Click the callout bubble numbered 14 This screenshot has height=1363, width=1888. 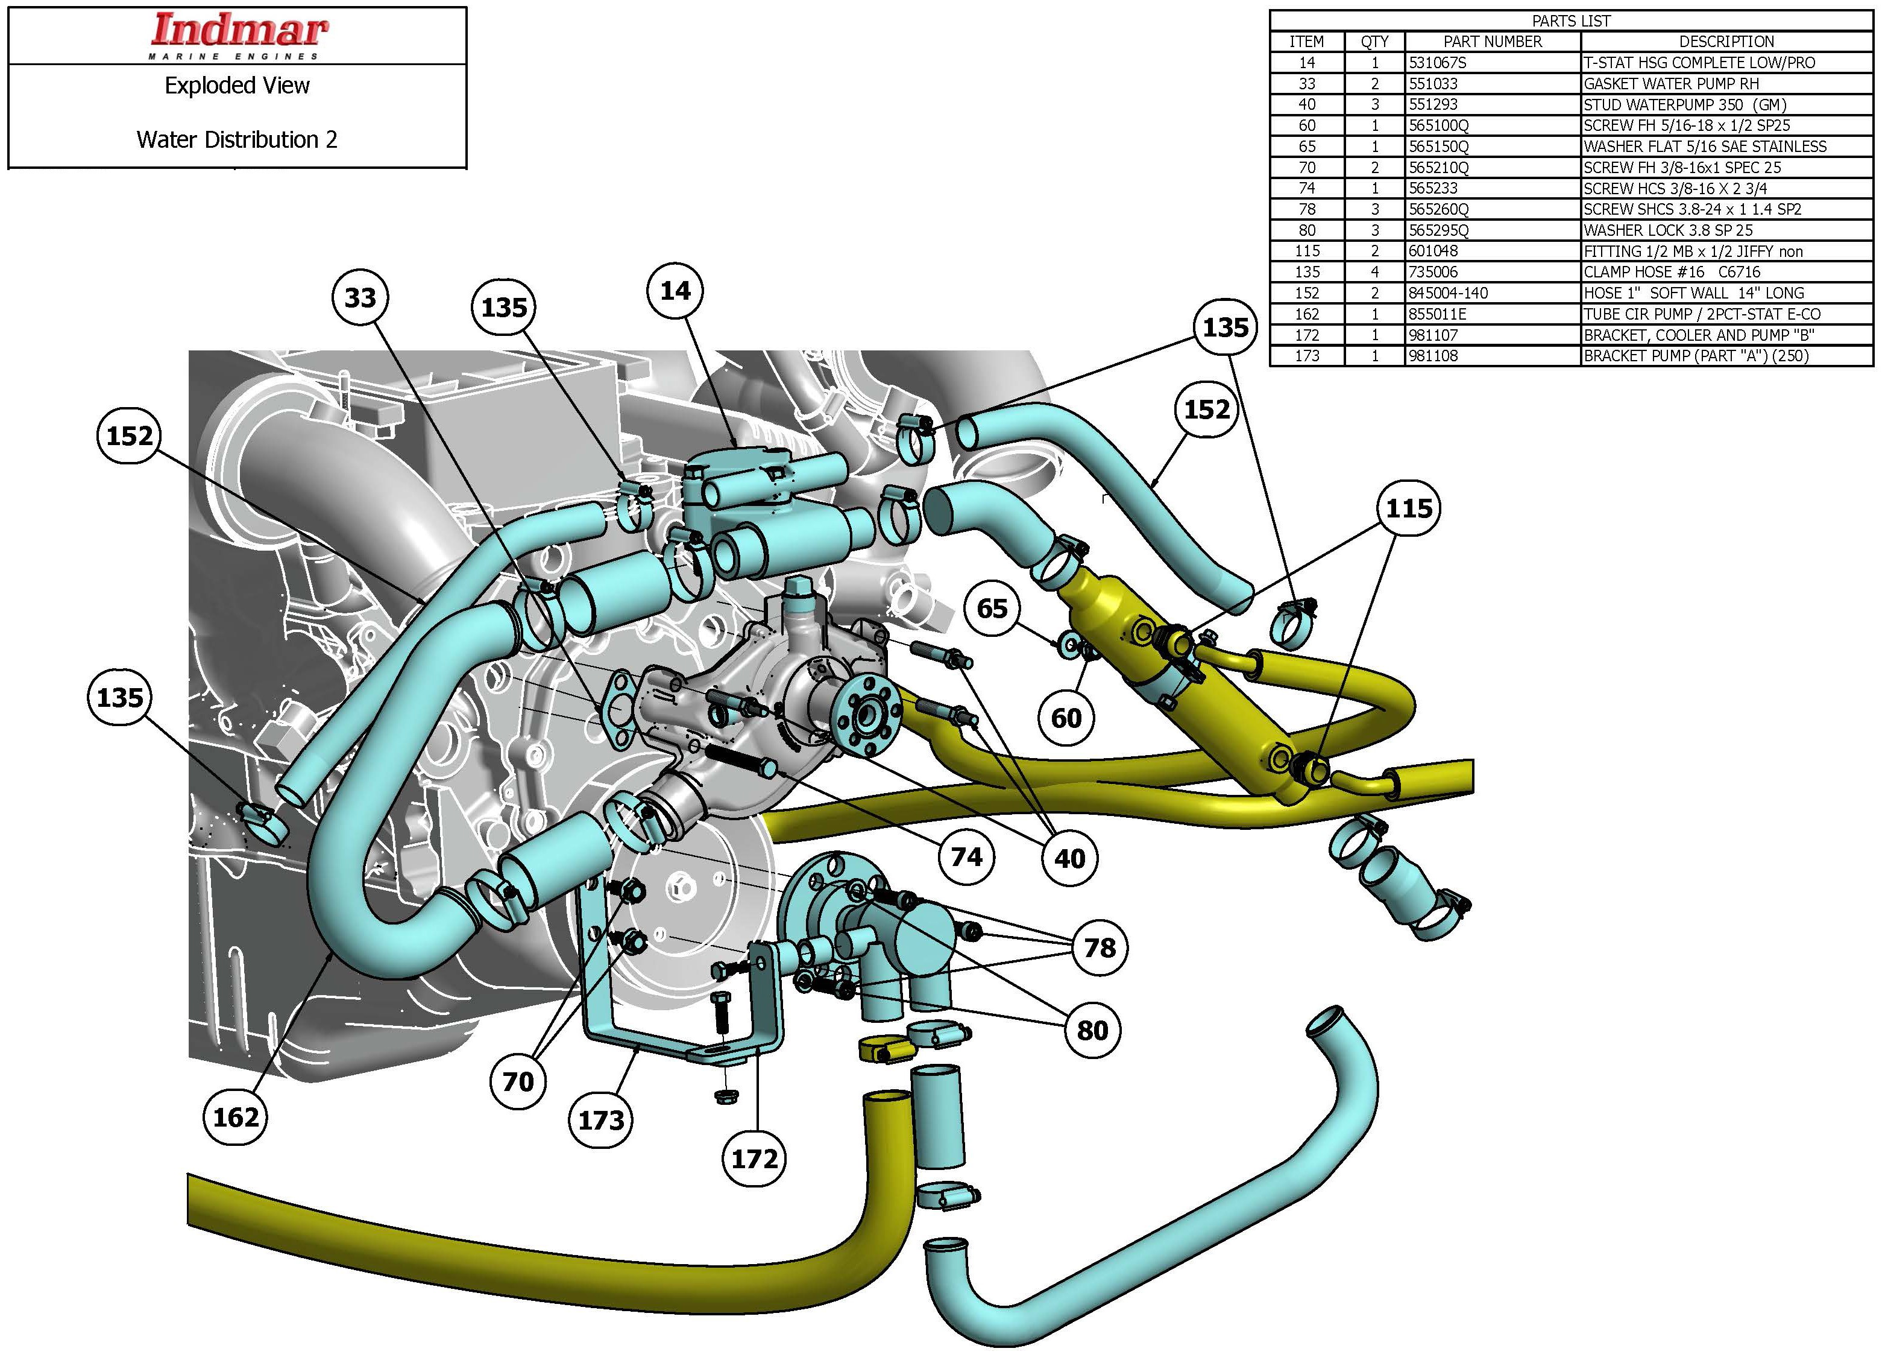point(675,291)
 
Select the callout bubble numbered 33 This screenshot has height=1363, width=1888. point(360,297)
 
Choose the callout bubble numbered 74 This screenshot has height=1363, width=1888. point(966,857)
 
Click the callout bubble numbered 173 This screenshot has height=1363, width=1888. point(601,1120)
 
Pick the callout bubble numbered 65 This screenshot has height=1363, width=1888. point(992,608)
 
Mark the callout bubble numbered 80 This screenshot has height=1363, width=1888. point(1092,1030)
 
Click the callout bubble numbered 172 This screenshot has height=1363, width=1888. point(754,1158)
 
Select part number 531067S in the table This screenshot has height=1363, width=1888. point(1438,63)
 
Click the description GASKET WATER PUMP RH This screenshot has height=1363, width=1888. point(1671,83)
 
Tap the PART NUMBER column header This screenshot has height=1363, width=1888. point(1492,42)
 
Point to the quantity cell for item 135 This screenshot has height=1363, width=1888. point(1374,272)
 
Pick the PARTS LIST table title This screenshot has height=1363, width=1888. point(1571,21)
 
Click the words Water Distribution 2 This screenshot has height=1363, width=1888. point(238,139)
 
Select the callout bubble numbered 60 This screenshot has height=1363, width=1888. point(1066,717)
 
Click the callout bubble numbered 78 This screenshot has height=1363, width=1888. point(1100,947)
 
